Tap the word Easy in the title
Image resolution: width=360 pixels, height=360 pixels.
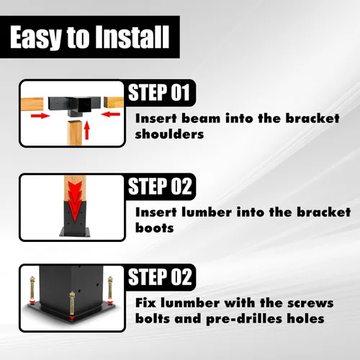tap(35, 38)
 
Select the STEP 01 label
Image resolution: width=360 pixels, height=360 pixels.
tap(159, 93)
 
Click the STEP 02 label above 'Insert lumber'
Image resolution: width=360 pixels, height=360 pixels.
tap(160, 186)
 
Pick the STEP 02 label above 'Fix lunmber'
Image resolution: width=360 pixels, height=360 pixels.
tap(160, 276)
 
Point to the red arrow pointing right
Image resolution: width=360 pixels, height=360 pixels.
tap(40, 116)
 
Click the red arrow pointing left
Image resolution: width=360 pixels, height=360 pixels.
tap(111, 114)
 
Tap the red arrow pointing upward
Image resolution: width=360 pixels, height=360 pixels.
tap(87, 130)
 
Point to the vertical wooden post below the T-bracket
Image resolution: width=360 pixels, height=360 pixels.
tap(75, 132)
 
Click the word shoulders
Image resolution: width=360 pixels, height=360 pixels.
tap(169, 134)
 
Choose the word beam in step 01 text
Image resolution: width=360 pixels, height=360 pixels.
tap(201, 118)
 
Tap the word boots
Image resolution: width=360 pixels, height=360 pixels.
tap(154, 228)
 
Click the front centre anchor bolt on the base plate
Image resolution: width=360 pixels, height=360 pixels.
tap(72, 306)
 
